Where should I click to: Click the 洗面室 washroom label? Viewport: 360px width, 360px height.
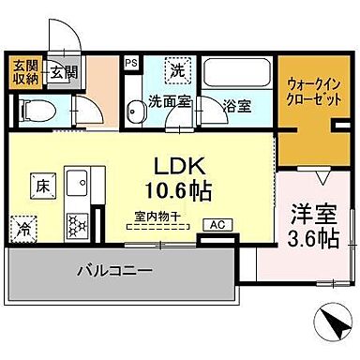[x=170, y=101]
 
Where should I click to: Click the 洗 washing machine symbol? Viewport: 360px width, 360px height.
[x=176, y=69]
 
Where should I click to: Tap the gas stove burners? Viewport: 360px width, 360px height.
[x=75, y=222]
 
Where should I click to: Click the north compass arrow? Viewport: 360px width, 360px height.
[x=333, y=328]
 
